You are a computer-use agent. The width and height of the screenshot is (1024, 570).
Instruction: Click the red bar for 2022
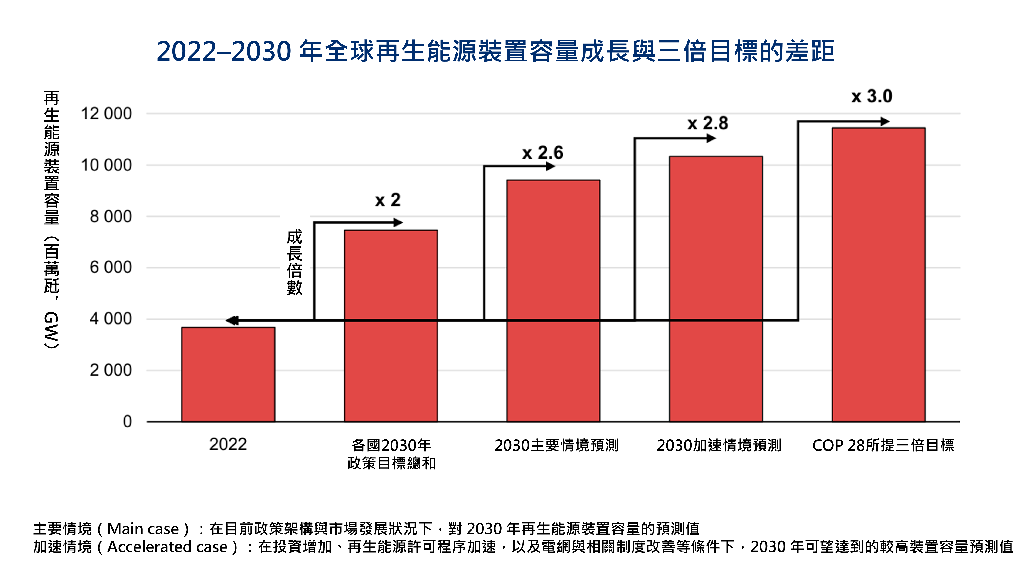coord(228,374)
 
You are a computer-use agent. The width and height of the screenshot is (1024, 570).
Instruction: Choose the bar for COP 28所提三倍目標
coord(879,275)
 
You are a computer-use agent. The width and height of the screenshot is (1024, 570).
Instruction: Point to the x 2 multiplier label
coord(387,200)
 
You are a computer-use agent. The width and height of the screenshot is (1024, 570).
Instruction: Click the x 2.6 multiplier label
coord(543,153)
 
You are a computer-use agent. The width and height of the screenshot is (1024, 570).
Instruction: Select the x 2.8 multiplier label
coord(707,123)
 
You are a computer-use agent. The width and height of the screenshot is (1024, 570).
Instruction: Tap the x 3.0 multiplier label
coord(872,96)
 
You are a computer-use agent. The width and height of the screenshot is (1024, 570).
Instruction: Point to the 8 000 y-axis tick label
coord(111,217)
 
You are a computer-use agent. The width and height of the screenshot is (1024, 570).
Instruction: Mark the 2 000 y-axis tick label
coord(111,370)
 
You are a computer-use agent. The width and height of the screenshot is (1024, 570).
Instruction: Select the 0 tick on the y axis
coord(127,422)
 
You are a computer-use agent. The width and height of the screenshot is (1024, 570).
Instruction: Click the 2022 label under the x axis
coord(228,444)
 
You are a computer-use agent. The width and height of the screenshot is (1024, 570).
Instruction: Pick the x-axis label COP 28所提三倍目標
coord(883,445)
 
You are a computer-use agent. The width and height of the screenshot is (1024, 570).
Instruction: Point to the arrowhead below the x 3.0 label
coord(884,121)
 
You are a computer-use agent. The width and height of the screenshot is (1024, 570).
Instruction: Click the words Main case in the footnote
coord(143,529)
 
